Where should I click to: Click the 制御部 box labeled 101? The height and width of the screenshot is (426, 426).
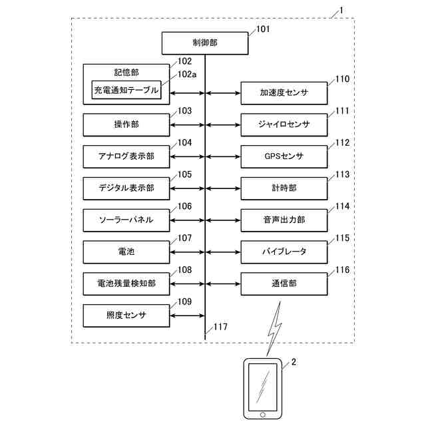tap(205, 43)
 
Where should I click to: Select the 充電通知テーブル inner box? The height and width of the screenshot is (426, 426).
tap(126, 90)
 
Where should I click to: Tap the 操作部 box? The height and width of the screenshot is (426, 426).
tap(126, 124)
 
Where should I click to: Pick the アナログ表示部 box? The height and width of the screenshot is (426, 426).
tap(126, 156)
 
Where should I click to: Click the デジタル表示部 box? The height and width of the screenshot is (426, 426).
tap(126, 188)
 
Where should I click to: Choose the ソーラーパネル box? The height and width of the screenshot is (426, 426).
tap(126, 220)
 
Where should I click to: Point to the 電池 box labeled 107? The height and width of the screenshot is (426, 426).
tap(126, 252)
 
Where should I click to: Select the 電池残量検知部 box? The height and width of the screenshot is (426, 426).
tap(126, 284)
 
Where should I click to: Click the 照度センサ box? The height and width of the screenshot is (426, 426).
tap(126, 316)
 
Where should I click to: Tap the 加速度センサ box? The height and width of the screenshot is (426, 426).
tap(284, 93)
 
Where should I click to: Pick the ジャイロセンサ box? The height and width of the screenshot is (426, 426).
tap(284, 124)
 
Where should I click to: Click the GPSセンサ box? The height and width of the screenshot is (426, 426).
tap(284, 156)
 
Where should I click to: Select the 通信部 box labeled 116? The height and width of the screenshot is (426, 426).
tap(284, 284)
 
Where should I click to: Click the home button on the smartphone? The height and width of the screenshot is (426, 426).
tap(263, 415)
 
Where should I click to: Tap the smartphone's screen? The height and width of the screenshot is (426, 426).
tap(263, 387)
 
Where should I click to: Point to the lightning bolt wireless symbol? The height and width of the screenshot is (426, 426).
tap(274, 329)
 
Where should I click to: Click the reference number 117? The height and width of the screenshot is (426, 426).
tap(220, 327)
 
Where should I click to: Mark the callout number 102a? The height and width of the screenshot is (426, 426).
tap(187, 75)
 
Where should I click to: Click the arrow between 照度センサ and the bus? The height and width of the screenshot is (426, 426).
tap(187, 316)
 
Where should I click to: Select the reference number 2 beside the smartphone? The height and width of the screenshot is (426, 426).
tap(294, 362)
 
